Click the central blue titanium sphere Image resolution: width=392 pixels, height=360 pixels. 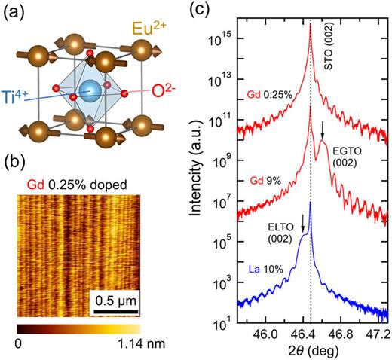click(x=91, y=92)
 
